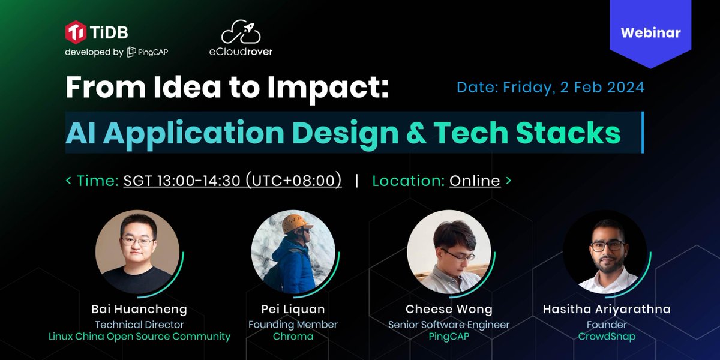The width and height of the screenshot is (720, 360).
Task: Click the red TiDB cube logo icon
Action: (x=75, y=32)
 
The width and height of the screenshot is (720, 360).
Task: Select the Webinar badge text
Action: (x=650, y=32)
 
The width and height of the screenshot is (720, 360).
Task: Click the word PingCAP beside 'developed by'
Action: (x=148, y=52)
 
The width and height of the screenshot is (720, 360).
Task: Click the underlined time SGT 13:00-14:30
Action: (x=232, y=180)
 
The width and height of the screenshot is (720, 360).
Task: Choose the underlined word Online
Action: (x=475, y=180)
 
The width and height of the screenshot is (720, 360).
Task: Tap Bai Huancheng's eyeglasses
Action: (x=137, y=241)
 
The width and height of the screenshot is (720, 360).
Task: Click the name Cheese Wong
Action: (x=449, y=310)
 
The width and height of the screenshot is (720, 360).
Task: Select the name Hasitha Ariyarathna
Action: (x=607, y=310)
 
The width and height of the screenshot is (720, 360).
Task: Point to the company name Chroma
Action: (x=293, y=337)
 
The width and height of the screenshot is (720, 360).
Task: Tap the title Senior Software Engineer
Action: (x=449, y=325)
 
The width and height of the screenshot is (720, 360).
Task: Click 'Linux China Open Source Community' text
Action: (x=139, y=337)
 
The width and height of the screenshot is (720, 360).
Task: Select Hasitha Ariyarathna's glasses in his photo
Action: (x=607, y=245)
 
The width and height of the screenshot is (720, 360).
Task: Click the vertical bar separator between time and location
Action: (x=357, y=180)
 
